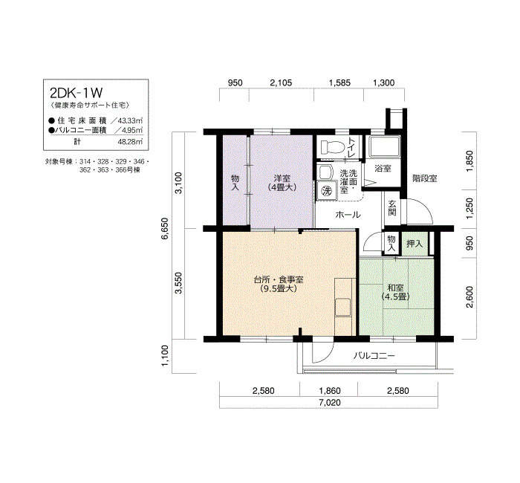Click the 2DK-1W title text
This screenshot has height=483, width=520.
pos(77,93)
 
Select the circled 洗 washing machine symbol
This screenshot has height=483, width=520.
pos(326,191)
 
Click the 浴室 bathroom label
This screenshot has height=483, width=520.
pos(383,169)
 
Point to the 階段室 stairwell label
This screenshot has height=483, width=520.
pos(425,178)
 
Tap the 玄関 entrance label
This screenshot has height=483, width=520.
pos(392,207)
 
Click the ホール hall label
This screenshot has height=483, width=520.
pos(348,215)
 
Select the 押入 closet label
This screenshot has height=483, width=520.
pos(415,244)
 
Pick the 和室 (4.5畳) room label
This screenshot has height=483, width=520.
pos(395,292)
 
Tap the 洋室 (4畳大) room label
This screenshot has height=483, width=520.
pos(282,183)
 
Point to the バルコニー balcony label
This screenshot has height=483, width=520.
pos(374,356)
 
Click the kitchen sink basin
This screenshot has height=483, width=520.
pos(342,307)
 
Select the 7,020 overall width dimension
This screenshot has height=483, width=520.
pos(330,403)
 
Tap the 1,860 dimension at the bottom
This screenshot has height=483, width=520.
pos(330,391)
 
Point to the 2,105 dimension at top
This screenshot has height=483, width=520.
pos(281,82)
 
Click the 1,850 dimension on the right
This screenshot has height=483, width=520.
pos(469,161)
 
